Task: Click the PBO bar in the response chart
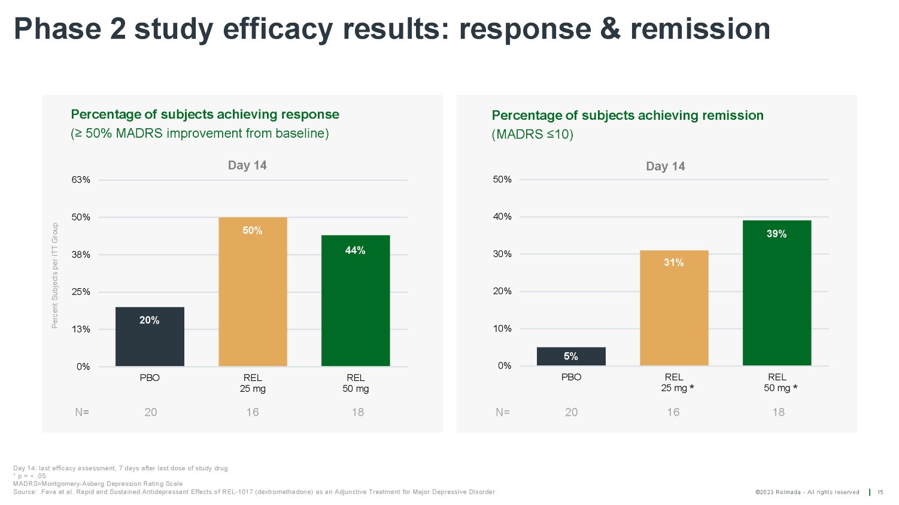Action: click(x=150, y=337)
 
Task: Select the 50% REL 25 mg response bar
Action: click(x=253, y=292)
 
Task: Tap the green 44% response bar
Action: click(x=356, y=301)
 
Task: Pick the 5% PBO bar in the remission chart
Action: click(x=571, y=356)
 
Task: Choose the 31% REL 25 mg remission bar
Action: click(x=674, y=308)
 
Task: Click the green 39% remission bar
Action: click(x=777, y=293)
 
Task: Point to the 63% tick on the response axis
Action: click(x=81, y=180)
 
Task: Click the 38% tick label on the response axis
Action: click(x=81, y=255)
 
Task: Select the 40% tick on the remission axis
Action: click(x=502, y=217)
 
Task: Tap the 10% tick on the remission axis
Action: click(x=502, y=328)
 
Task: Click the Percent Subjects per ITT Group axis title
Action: click(x=55, y=276)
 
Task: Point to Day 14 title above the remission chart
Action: click(x=665, y=167)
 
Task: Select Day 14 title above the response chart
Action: click(x=247, y=165)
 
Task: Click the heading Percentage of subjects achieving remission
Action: click(x=627, y=115)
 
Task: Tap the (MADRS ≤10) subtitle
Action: click(x=532, y=134)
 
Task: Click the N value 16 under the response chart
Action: click(x=253, y=412)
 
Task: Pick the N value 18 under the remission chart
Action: click(x=778, y=412)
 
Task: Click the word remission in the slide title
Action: click(x=700, y=29)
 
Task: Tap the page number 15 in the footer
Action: click(x=880, y=492)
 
